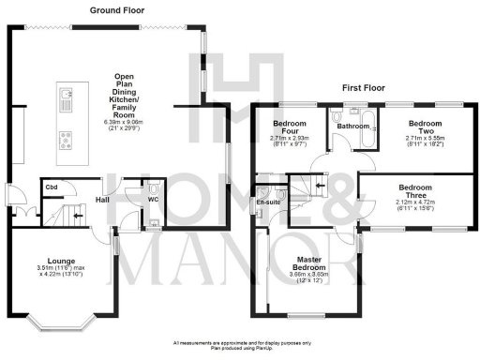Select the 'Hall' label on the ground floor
tap(104, 200)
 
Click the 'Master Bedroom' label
tap(309, 263)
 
